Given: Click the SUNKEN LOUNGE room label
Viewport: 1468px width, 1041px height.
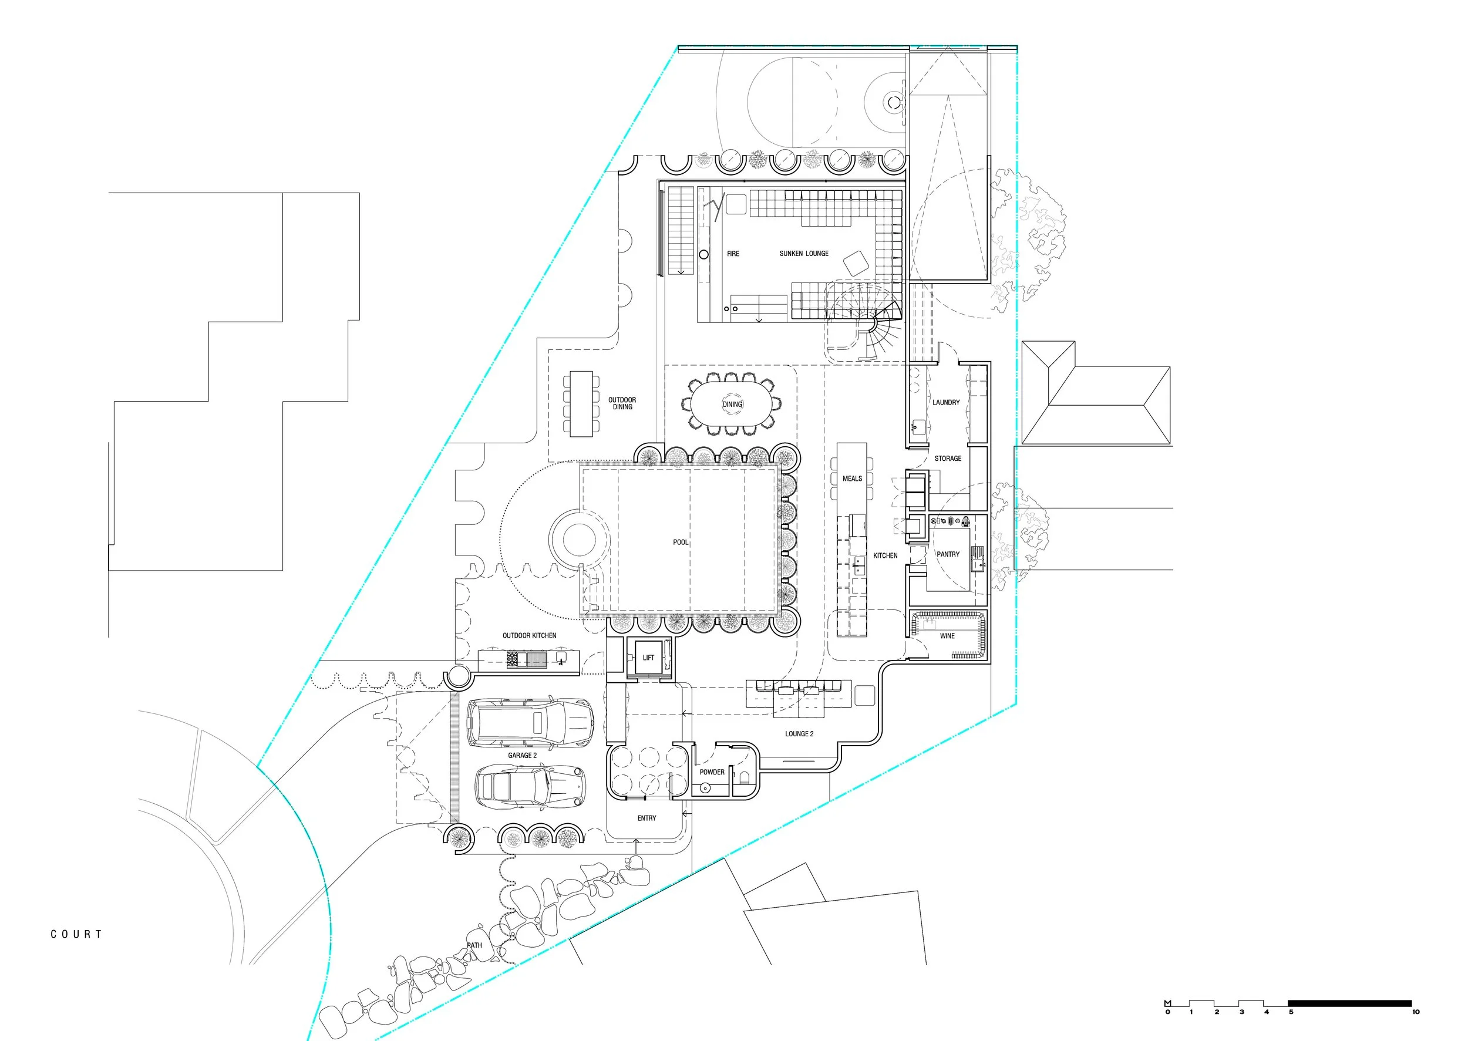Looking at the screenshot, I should coord(804,254).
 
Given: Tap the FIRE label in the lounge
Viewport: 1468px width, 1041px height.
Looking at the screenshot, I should coord(733,254).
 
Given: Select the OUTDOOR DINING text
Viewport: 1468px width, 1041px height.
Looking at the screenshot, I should coord(622,403).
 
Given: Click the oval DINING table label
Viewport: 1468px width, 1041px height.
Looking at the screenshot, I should coord(732,405).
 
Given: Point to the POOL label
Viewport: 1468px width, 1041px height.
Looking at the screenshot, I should coord(680,543).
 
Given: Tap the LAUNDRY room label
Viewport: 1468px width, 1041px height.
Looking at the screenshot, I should coord(946,403).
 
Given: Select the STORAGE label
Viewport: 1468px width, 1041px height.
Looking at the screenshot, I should coord(948,459).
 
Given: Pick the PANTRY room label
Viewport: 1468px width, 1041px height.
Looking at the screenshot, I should coord(948,554).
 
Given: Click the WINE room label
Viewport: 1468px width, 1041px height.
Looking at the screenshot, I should coord(947,636).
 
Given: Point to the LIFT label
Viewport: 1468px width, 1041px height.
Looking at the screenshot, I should coord(649,658).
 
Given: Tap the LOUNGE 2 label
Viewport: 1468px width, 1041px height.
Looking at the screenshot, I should coord(799,734).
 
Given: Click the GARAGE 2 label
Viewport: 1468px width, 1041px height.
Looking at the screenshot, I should coord(523,756).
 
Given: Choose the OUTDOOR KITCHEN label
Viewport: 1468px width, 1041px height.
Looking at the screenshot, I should coord(529,636).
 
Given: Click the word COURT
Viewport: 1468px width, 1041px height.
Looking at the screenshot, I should coord(76,935).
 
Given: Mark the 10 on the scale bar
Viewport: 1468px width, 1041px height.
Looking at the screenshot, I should coord(1415,1012).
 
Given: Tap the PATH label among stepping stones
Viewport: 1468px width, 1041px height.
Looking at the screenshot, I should coord(474,945).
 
